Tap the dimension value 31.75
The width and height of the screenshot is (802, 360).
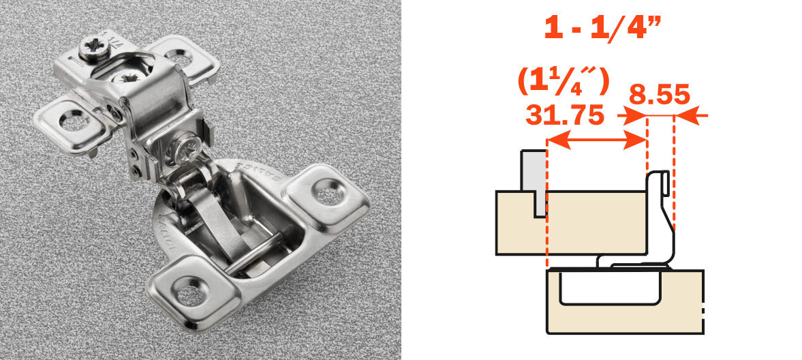click(565, 115)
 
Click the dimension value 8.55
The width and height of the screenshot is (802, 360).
click(658, 93)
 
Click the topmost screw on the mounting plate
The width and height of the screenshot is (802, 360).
click(90, 49)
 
